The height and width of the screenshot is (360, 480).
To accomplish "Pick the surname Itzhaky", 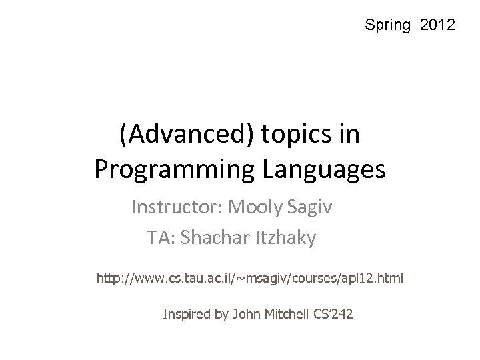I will pyautogui.click(x=285, y=237).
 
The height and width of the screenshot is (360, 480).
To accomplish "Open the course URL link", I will pyautogui.click(x=250, y=276).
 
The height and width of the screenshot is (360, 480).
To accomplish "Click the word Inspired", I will pyautogui.click(x=187, y=313).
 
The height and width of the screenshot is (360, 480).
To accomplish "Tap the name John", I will pyautogui.click(x=244, y=313).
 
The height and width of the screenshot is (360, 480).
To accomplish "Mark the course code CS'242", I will pyautogui.click(x=333, y=313).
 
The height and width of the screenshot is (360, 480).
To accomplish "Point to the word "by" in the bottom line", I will pyautogui.click(x=222, y=313).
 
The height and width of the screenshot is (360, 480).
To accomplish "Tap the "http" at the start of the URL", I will pyautogui.click(x=109, y=276).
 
